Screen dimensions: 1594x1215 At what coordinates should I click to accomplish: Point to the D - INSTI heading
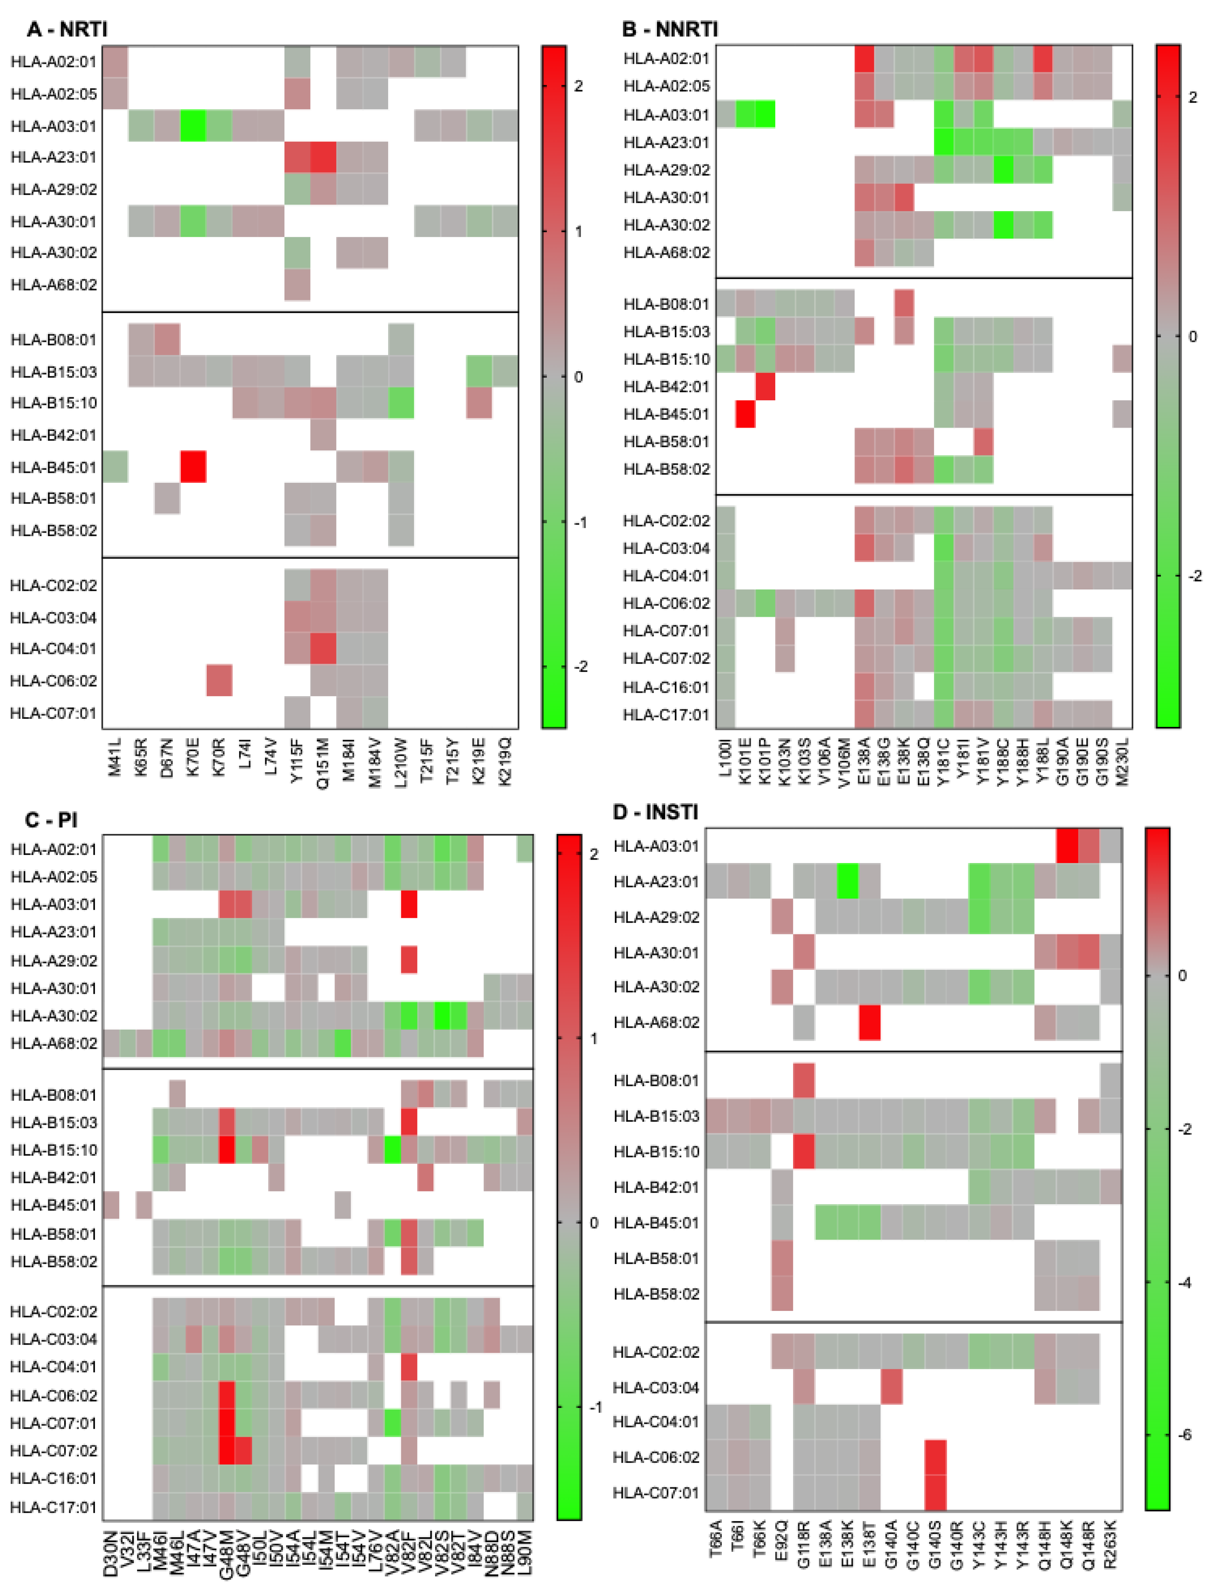pyautogui.click(x=655, y=812)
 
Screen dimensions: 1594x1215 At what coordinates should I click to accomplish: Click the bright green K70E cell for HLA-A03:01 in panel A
pyautogui.click(x=193, y=126)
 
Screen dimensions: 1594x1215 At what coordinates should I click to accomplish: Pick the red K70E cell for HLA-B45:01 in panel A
pyautogui.click(x=193, y=466)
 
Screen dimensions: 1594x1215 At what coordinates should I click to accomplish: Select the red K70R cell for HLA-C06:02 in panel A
pyautogui.click(x=219, y=680)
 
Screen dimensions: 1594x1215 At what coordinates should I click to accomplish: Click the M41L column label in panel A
pyautogui.click(x=115, y=757)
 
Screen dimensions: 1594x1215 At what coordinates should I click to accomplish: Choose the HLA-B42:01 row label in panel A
pyautogui.click(x=53, y=435)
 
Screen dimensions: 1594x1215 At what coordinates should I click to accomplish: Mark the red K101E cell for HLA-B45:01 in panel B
pyautogui.click(x=745, y=414)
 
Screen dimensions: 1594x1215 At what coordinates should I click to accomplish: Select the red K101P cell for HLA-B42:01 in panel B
pyautogui.click(x=765, y=386)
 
